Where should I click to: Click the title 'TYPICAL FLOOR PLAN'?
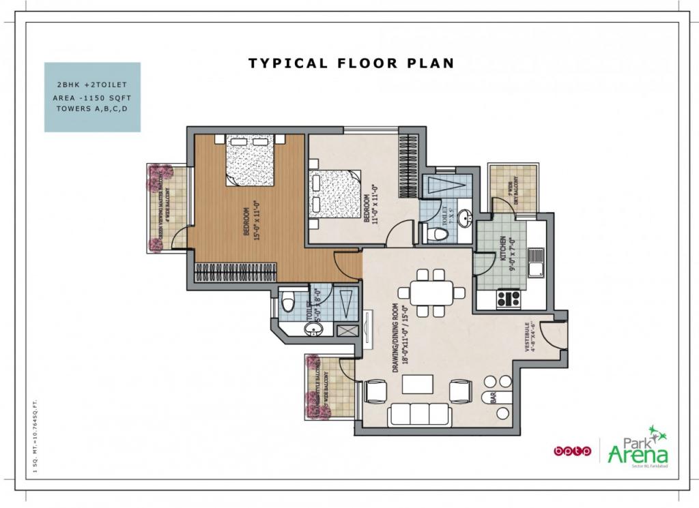351,63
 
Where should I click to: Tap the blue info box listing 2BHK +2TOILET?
92,97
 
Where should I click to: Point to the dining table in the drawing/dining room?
431,293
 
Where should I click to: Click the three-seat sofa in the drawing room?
418,415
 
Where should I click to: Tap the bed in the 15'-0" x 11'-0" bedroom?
250,160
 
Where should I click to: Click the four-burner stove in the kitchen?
509,298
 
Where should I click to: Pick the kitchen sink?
534,263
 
